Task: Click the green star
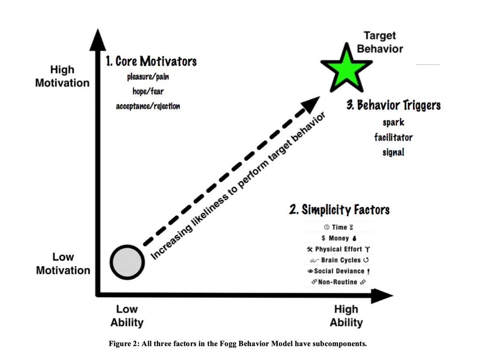click(x=347, y=69)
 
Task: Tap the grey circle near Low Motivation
click(x=127, y=262)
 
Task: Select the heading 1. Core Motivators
click(x=151, y=61)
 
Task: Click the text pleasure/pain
click(x=148, y=77)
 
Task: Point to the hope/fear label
click(x=148, y=91)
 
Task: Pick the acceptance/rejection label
click(x=148, y=106)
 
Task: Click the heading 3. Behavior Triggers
click(x=393, y=105)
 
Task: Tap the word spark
click(x=393, y=122)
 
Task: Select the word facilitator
click(x=393, y=137)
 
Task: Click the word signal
click(x=393, y=152)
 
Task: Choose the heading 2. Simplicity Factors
click(x=339, y=210)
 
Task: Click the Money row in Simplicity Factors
click(x=339, y=239)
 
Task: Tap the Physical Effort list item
click(x=339, y=249)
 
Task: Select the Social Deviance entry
click(x=339, y=271)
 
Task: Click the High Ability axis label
click(x=346, y=316)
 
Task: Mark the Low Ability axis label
click(x=127, y=316)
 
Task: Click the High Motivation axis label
click(x=62, y=76)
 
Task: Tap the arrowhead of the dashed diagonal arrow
click(x=310, y=104)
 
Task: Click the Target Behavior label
click(x=380, y=42)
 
